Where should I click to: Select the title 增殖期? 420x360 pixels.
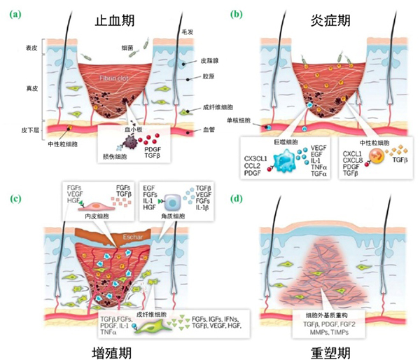pyautogui.click(x=115, y=348)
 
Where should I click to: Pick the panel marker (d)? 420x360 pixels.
pyautogui.click(x=238, y=198)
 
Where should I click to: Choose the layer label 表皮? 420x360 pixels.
pyautogui.click(x=29, y=48)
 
